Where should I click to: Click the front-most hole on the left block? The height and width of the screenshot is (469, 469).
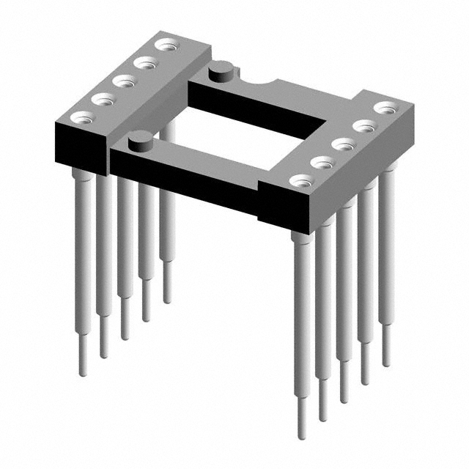81,116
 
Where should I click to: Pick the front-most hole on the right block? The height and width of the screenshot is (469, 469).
300,180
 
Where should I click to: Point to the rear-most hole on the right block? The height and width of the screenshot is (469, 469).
384,108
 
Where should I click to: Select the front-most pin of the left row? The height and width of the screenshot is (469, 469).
84,256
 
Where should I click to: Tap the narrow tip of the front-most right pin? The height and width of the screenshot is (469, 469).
301,418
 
